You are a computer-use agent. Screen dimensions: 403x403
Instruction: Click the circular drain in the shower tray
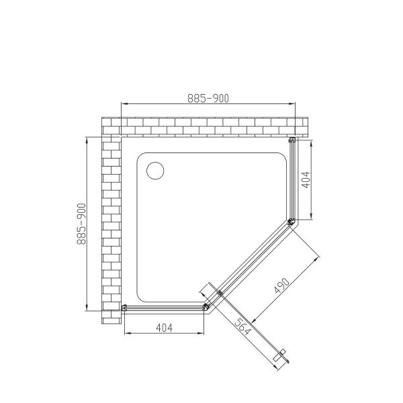coord(155,170)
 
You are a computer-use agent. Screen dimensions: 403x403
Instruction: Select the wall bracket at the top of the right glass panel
coord(292,141)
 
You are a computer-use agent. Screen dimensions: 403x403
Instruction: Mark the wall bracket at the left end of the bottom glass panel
coord(124,307)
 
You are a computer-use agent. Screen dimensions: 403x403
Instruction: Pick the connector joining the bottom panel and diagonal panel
coord(206,306)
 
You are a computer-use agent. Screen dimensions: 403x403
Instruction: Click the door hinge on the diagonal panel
coord(220,293)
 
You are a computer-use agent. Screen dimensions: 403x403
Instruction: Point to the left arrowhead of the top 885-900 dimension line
coord(122,104)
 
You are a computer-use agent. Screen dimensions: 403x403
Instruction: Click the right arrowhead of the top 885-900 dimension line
coord(294,104)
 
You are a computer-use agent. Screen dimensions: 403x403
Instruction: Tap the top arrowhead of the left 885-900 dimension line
coord(87,139)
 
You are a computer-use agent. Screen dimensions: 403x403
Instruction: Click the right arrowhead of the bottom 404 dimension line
coord(204,334)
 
